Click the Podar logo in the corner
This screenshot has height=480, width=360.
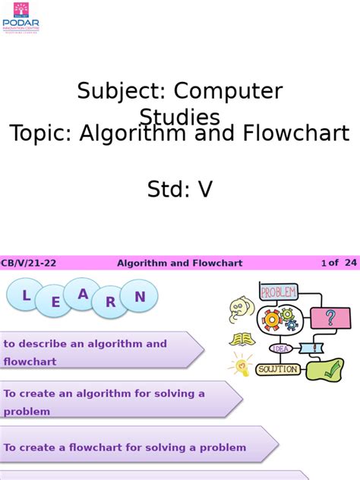tap(21, 16)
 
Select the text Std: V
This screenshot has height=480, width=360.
tap(180, 189)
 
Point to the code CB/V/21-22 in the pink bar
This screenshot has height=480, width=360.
tap(28, 263)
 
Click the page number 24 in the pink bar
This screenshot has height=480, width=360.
tap(350, 263)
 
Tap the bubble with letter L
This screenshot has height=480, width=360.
tap(27, 297)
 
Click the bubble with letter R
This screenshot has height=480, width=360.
tap(111, 302)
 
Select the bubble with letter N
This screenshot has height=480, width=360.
tap(139, 296)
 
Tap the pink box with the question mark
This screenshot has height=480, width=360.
tap(330, 317)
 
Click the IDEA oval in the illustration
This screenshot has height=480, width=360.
tap(280, 349)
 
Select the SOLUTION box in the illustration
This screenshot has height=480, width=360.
tap(278, 369)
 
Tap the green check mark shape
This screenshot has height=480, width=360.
tap(332, 371)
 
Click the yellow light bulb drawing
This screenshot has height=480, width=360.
tap(242, 365)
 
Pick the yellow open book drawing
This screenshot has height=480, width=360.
tap(242, 339)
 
